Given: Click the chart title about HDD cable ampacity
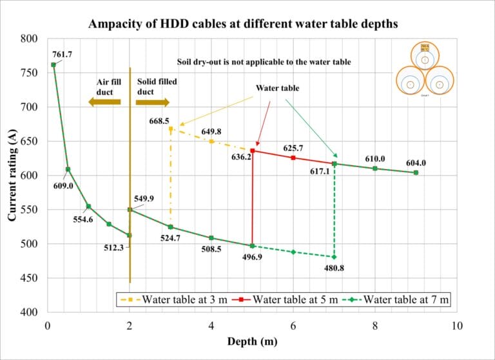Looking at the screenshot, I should (247, 24).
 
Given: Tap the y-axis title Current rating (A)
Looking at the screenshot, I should (12, 175).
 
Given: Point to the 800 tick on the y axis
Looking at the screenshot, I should (30, 39).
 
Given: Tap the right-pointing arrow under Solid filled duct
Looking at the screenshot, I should (153, 102).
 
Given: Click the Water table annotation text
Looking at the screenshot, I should (278, 87).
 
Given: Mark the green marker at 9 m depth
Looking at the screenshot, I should (416, 172).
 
